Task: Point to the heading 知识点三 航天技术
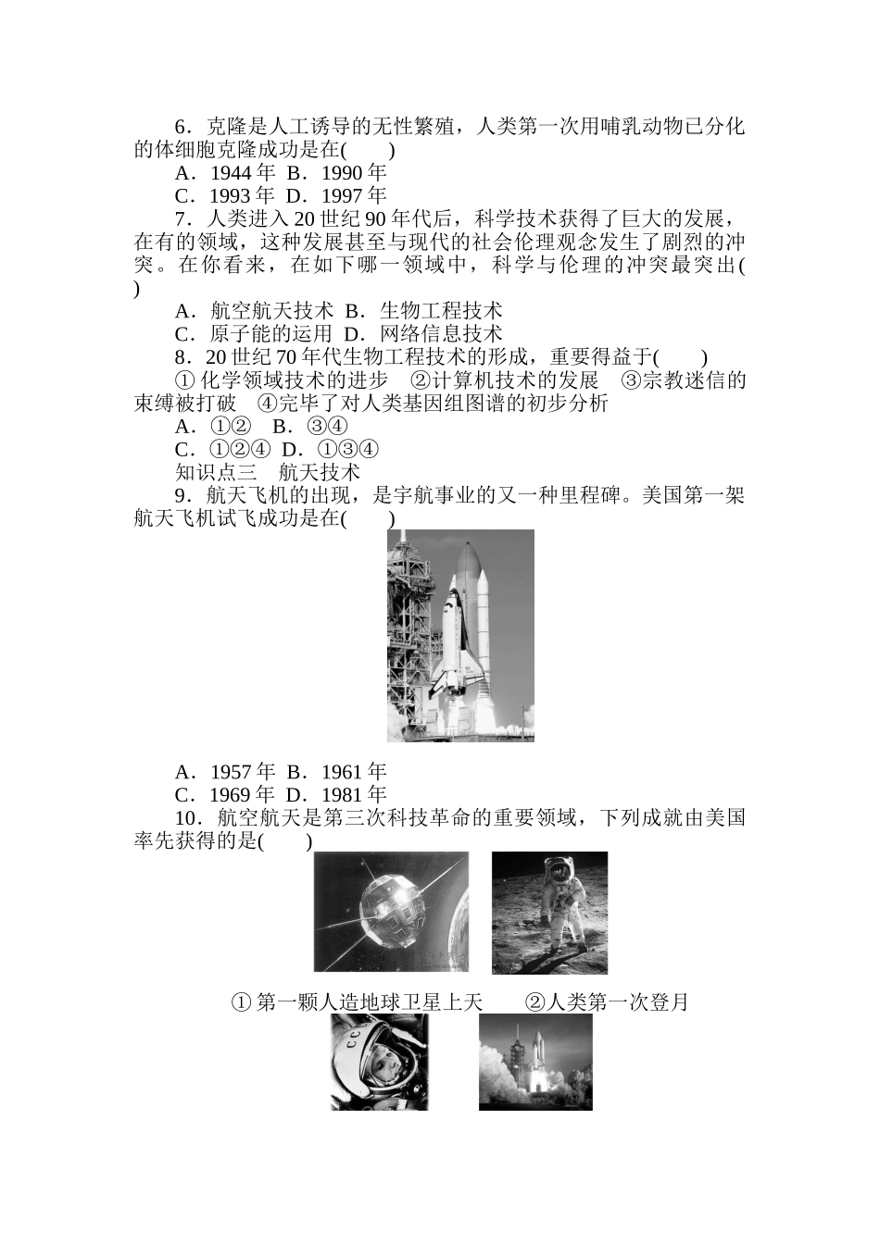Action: pos(268,472)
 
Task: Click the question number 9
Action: pos(182,495)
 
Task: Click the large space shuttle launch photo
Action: pos(460,635)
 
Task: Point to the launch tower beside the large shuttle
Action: pos(408,629)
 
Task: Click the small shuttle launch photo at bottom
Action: pos(535,1062)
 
